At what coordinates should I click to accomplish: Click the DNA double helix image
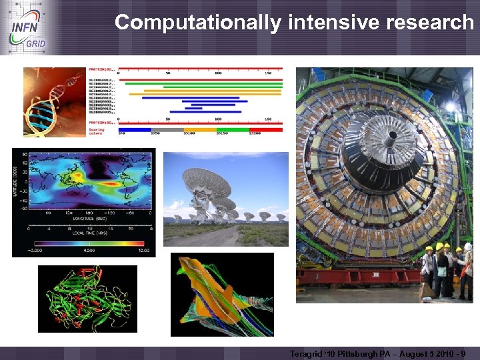(x=53, y=101)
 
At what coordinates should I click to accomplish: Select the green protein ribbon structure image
(x=87, y=298)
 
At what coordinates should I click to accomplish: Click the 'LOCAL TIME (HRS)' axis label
(x=83, y=235)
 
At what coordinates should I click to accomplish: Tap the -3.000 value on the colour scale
(x=43, y=251)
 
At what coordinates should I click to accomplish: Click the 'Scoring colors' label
(x=97, y=131)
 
